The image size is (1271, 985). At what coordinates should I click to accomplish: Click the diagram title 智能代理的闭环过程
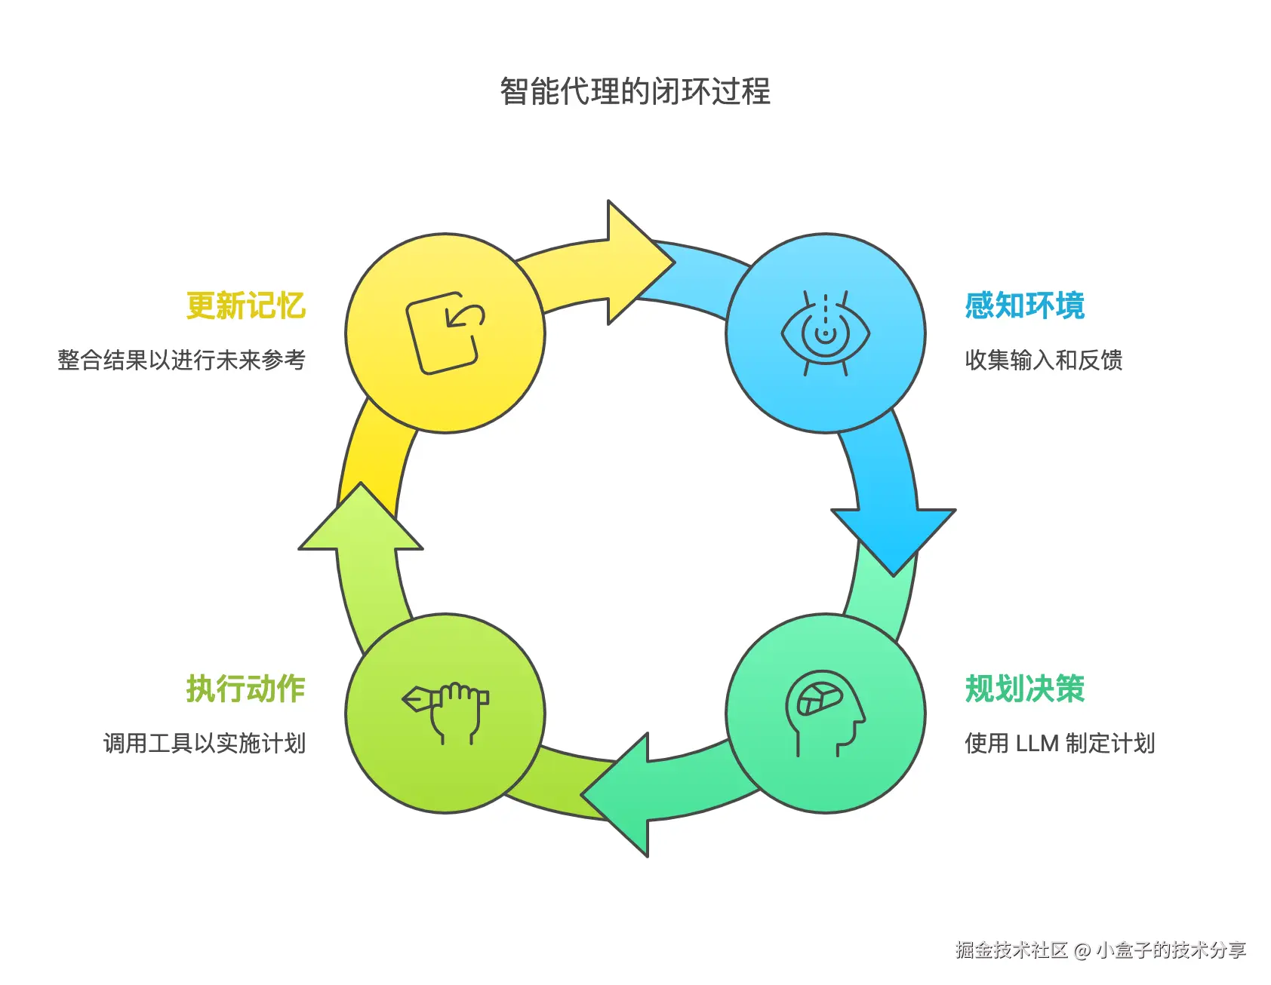click(x=635, y=92)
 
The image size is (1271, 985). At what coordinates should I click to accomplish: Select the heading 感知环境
click(x=1024, y=306)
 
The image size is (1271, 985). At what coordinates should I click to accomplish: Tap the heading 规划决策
click(x=1024, y=689)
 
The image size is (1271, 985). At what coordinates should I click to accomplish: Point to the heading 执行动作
click(x=246, y=689)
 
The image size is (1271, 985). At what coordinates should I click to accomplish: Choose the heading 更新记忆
click(x=246, y=306)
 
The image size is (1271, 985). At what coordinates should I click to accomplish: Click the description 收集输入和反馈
click(x=1043, y=361)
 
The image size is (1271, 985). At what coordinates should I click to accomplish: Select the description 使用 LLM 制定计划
click(x=1060, y=744)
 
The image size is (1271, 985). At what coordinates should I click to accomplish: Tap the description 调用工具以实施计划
click(x=205, y=744)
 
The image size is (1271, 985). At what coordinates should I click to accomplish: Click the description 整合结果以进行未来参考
click(x=182, y=361)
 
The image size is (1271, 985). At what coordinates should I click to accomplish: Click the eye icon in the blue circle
click(x=825, y=333)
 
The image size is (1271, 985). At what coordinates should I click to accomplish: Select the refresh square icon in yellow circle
click(x=445, y=333)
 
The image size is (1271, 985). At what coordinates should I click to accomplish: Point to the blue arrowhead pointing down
click(x=894, y=537)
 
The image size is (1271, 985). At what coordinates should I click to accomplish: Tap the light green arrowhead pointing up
click(x=361, y=520)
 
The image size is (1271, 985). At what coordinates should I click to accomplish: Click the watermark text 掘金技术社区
click(x=1011, y=950)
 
